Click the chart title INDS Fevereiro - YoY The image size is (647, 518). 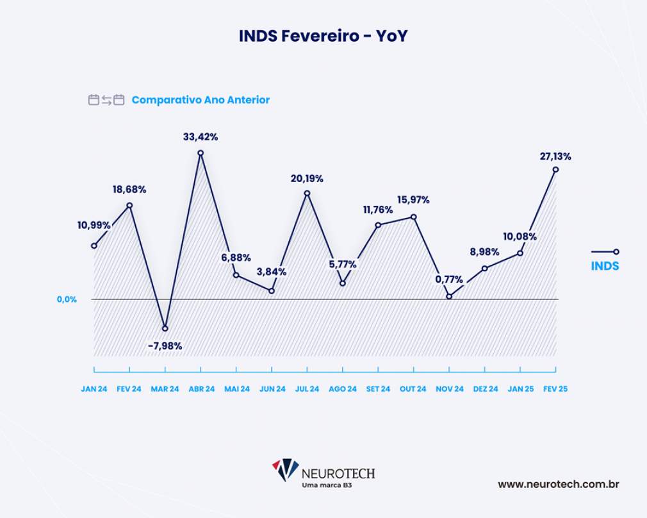coord(323,37)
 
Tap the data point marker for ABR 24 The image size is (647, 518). coord(201,153)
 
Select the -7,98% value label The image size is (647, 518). coord(165,346)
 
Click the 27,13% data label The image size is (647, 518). coord(555,156)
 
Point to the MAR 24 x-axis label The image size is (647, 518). coord(165,389)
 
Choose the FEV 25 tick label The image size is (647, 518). coord(555,389)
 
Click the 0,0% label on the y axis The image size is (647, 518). coord(67,299)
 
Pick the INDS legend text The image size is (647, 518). coord(605,265)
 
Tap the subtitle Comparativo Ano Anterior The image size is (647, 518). coord(201,100)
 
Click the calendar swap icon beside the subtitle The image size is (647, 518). coord(106,100)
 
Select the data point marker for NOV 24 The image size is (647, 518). coord(449,296)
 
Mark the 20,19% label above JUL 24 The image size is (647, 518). coord(307,179)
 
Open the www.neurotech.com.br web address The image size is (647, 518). coord(558,485)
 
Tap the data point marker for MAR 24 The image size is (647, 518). coord(165,328)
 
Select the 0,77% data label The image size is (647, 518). coord(449,280)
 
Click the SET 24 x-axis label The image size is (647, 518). coord(378,389)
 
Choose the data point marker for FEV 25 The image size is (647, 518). coord(555,169)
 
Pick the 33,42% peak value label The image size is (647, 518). coord(201,137)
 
